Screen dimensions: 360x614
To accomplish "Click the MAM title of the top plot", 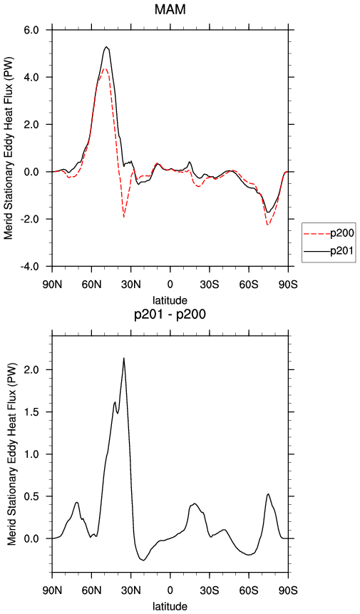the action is [170, 9].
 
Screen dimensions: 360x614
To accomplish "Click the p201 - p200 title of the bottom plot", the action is [170, 314].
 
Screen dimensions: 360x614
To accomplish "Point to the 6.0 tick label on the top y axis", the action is [39, 30].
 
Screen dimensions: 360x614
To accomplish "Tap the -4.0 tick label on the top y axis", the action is [38, 266].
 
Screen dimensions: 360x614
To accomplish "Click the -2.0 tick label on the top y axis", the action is [38, 219].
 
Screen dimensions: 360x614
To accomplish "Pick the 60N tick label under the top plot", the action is [91, 285].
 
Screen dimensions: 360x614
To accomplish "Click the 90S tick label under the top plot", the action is [288, 285].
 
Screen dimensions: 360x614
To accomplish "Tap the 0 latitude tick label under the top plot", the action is [170, 285].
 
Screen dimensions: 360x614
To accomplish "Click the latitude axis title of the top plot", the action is [170, 300].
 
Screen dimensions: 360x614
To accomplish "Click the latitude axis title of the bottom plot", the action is [170, 607].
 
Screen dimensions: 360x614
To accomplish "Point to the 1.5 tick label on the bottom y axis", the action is [39, 412].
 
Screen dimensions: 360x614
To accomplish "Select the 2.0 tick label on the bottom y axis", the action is [39, 369].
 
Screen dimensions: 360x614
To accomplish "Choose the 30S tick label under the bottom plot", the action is [210, 590].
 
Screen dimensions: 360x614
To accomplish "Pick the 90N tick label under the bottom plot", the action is [53, 590].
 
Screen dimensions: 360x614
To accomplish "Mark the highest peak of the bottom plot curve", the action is [123, 358].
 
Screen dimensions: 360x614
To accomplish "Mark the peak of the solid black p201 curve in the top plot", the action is [106, 47].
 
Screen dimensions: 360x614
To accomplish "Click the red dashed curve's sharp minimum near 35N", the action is [123, 217].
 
